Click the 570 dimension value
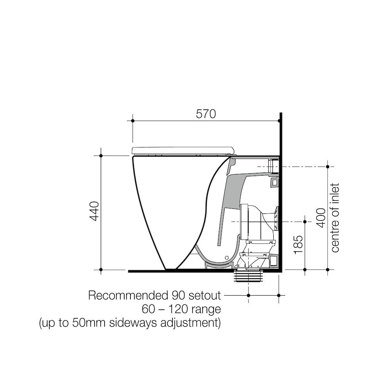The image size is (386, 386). (x=205, y=114)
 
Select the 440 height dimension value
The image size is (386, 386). (x=95, y=212)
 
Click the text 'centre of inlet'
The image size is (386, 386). (x=335, y=218)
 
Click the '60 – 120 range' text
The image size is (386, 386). (x=181, y=309)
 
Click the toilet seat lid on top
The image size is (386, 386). (x=183, y=150)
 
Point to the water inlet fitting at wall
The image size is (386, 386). (x=273, y=166)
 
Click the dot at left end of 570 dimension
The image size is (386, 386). (x=132, y=121)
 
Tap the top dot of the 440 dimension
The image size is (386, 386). (x=101, y=156)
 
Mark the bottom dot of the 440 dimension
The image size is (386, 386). (x=101, y=269)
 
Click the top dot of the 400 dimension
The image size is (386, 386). (x=327, y=167)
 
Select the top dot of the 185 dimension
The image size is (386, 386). (x=305, y=222)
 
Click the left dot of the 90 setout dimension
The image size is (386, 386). (x=249, y=295)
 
